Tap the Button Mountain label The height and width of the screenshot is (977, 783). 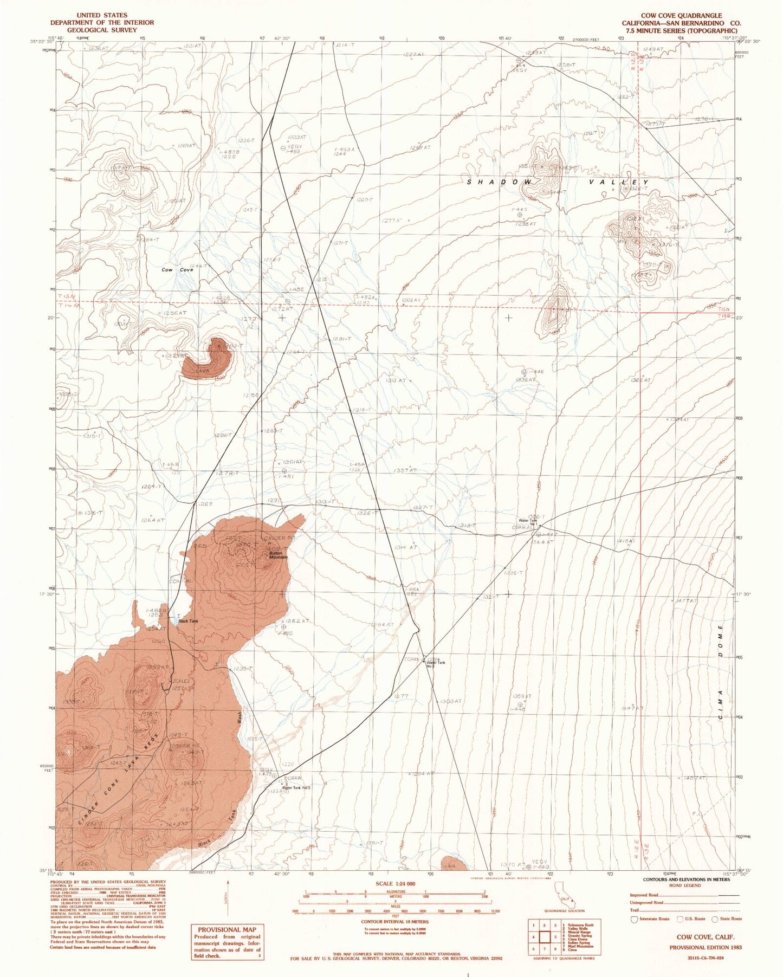[x=278, y=555]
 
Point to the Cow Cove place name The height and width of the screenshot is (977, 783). [x=177, y=270]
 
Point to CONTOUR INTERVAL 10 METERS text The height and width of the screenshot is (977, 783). [x=395, y=922]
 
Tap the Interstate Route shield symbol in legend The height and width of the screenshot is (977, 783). [x=635, y=918]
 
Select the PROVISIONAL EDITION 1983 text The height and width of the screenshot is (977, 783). [x=705, y=947]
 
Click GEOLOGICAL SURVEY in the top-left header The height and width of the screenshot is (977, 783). [x=102, y=30]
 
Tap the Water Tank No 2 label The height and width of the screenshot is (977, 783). [x=436, y=663]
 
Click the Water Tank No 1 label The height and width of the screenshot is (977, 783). [x=529, y=522]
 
